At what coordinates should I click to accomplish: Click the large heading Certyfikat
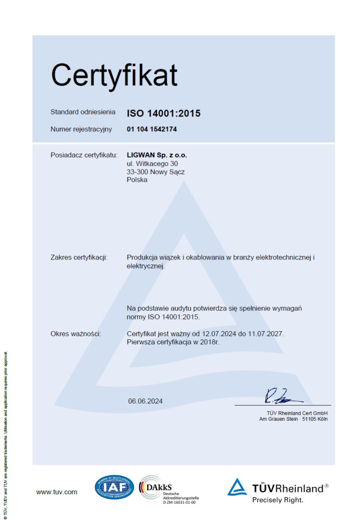point(114,75)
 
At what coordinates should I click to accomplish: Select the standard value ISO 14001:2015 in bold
point(163,113)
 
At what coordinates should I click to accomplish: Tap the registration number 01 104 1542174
point(152,129)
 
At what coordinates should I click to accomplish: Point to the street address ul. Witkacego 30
point(152,163)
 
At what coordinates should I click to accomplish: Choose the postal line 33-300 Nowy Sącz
point(156,172)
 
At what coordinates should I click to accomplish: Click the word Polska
point(137,180)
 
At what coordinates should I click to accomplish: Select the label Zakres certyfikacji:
point(79,257)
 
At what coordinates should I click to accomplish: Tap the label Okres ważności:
point(76,334)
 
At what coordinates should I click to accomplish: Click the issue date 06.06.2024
point(145,401)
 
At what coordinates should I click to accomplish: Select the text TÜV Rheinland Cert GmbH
point(297,413)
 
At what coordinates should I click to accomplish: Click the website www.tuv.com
point(56,491)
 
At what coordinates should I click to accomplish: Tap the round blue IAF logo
point(114,487)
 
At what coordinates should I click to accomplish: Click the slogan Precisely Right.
point(278,500)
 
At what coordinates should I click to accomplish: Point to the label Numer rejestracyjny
point(81,129)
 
